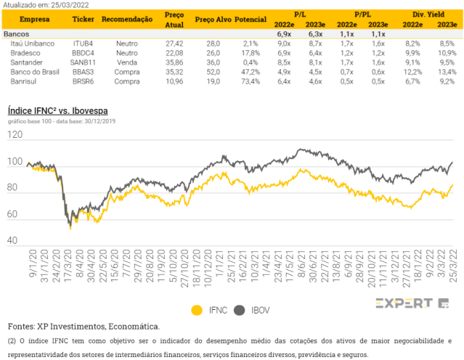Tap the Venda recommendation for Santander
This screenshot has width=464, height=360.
click(x=127, y=62)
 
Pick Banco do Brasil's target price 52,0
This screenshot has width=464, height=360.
click(x=213, y=72)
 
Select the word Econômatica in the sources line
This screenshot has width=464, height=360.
click(x=134, y=327)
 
